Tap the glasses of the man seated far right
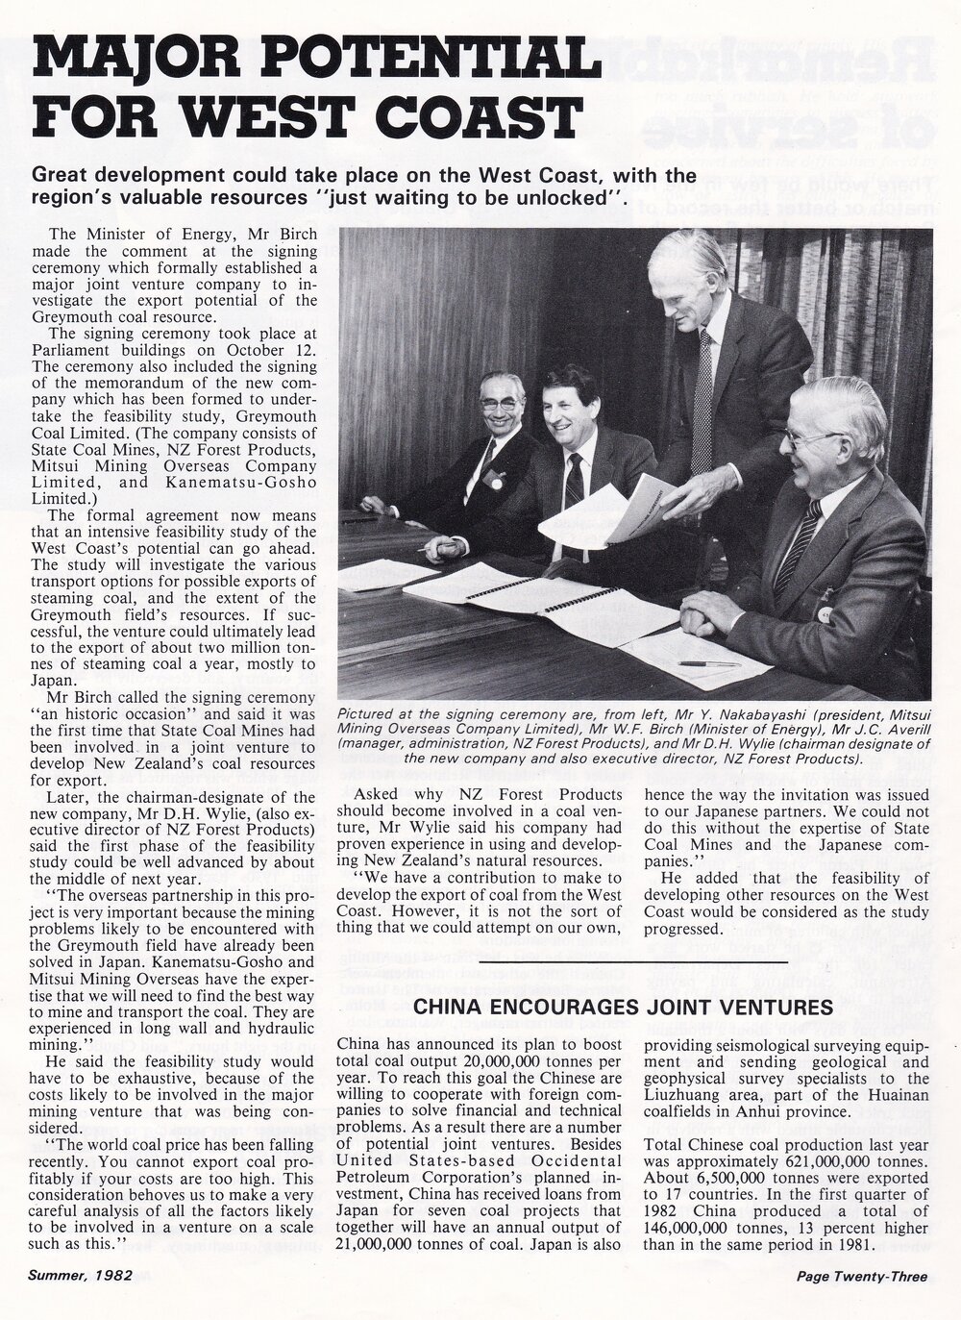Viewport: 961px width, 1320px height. [812, 437]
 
